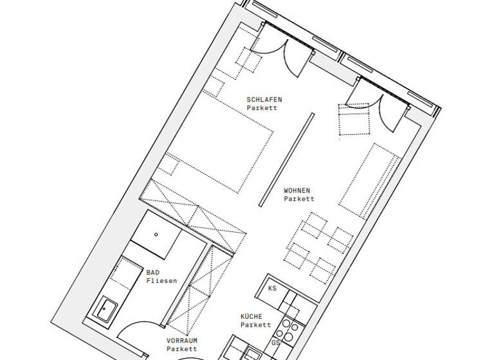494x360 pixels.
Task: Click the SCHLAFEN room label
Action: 264,100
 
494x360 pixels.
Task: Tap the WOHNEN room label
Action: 297,190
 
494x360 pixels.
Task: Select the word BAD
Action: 152,272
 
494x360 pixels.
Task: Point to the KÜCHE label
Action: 252,316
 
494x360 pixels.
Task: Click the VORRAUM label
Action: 181,340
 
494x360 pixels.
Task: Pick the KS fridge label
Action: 272,289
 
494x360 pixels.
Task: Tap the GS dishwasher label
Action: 275,343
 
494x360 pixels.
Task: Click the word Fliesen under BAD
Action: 161,281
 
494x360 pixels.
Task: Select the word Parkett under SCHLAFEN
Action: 262,108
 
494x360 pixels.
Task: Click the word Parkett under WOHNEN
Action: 298,199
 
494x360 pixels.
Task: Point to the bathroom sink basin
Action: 104,309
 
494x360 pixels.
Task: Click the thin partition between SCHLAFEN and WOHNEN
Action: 287,159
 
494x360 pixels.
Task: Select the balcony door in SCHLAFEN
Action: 278,46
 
